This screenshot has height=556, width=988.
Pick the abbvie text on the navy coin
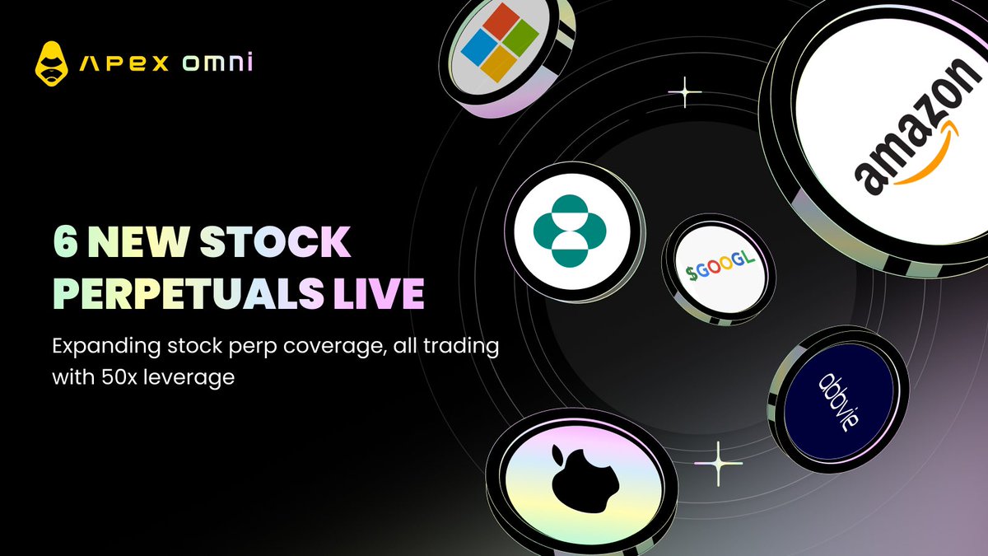[837, 403]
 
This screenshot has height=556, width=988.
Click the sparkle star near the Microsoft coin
[684, 93]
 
